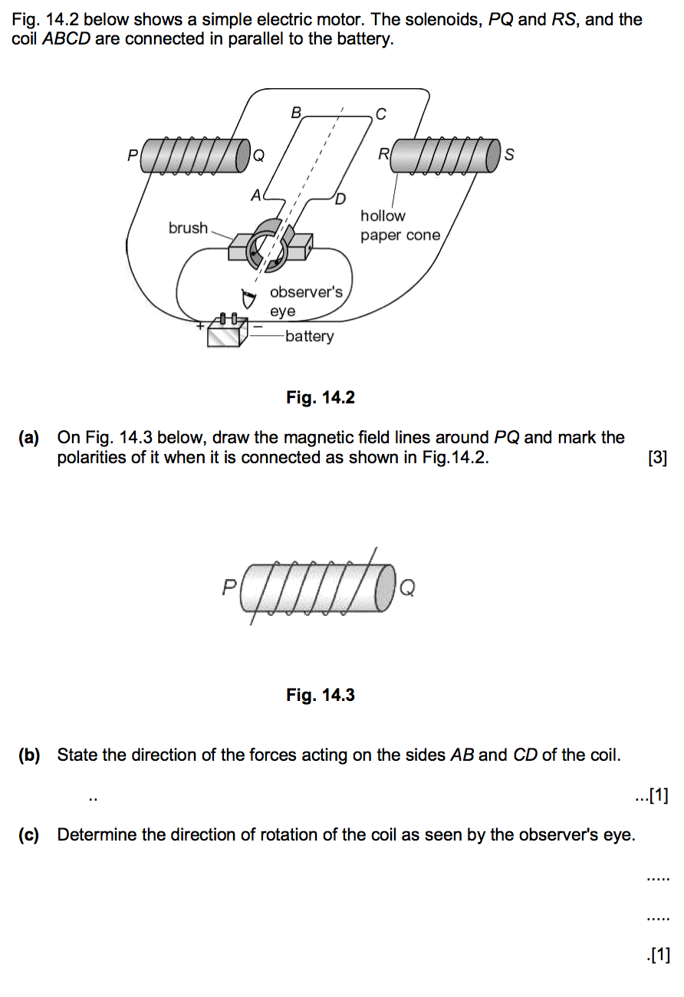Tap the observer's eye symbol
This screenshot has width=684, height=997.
click(x=247, y=298)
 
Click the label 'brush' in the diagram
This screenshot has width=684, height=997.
click(x=188, y=228)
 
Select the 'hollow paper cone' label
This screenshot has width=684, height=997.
click(x=400, y=225)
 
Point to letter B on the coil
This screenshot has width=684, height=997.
click(x=296, y=113)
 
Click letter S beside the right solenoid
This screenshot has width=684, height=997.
click(x=509, y=155)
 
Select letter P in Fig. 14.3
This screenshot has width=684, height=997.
click(x=229, y=587)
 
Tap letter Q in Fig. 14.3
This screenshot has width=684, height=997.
click(x=408, y=588)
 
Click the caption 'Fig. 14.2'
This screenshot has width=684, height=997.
click(x=321, y=397)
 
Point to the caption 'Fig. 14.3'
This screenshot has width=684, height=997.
click(x=321, y=695)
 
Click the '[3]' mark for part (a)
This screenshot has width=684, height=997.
click(x=657, y=458)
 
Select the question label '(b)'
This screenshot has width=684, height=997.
click(x=30, y=755)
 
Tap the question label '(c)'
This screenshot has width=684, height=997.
click(x=30, y=834)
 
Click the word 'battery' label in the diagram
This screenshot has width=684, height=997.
click(x=309, y=336)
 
